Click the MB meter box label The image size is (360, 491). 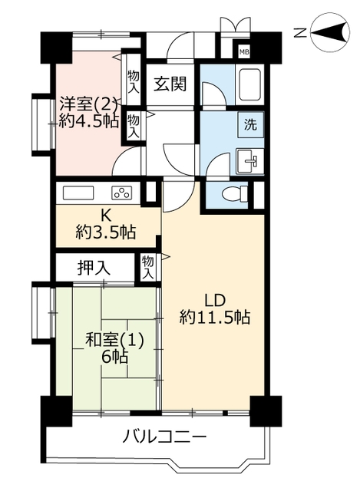pos(244,52)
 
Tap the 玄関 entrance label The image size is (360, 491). pos(170,84)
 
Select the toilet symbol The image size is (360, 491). pos(235,194)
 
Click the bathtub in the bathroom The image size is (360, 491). pos(249,84)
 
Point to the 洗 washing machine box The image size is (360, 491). pos(251,124)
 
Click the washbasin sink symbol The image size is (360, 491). pos(249,161)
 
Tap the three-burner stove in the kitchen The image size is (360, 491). pos(122,193)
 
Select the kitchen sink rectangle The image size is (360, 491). pos(78,193)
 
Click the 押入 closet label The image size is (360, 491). pos(94,268)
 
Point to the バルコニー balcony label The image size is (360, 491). pos(164,437)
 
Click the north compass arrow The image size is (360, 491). pos(329,32)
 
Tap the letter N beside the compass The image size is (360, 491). pos(300,32)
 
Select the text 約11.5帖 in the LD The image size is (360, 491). pos(215,318)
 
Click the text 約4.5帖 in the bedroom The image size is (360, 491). pos(89,120)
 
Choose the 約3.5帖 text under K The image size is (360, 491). pos(106,232)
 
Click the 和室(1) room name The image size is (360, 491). pos(115,341)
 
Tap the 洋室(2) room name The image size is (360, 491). pos(89,104)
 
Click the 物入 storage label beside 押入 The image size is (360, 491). pos(147,267)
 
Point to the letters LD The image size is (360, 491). pos(215,301)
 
